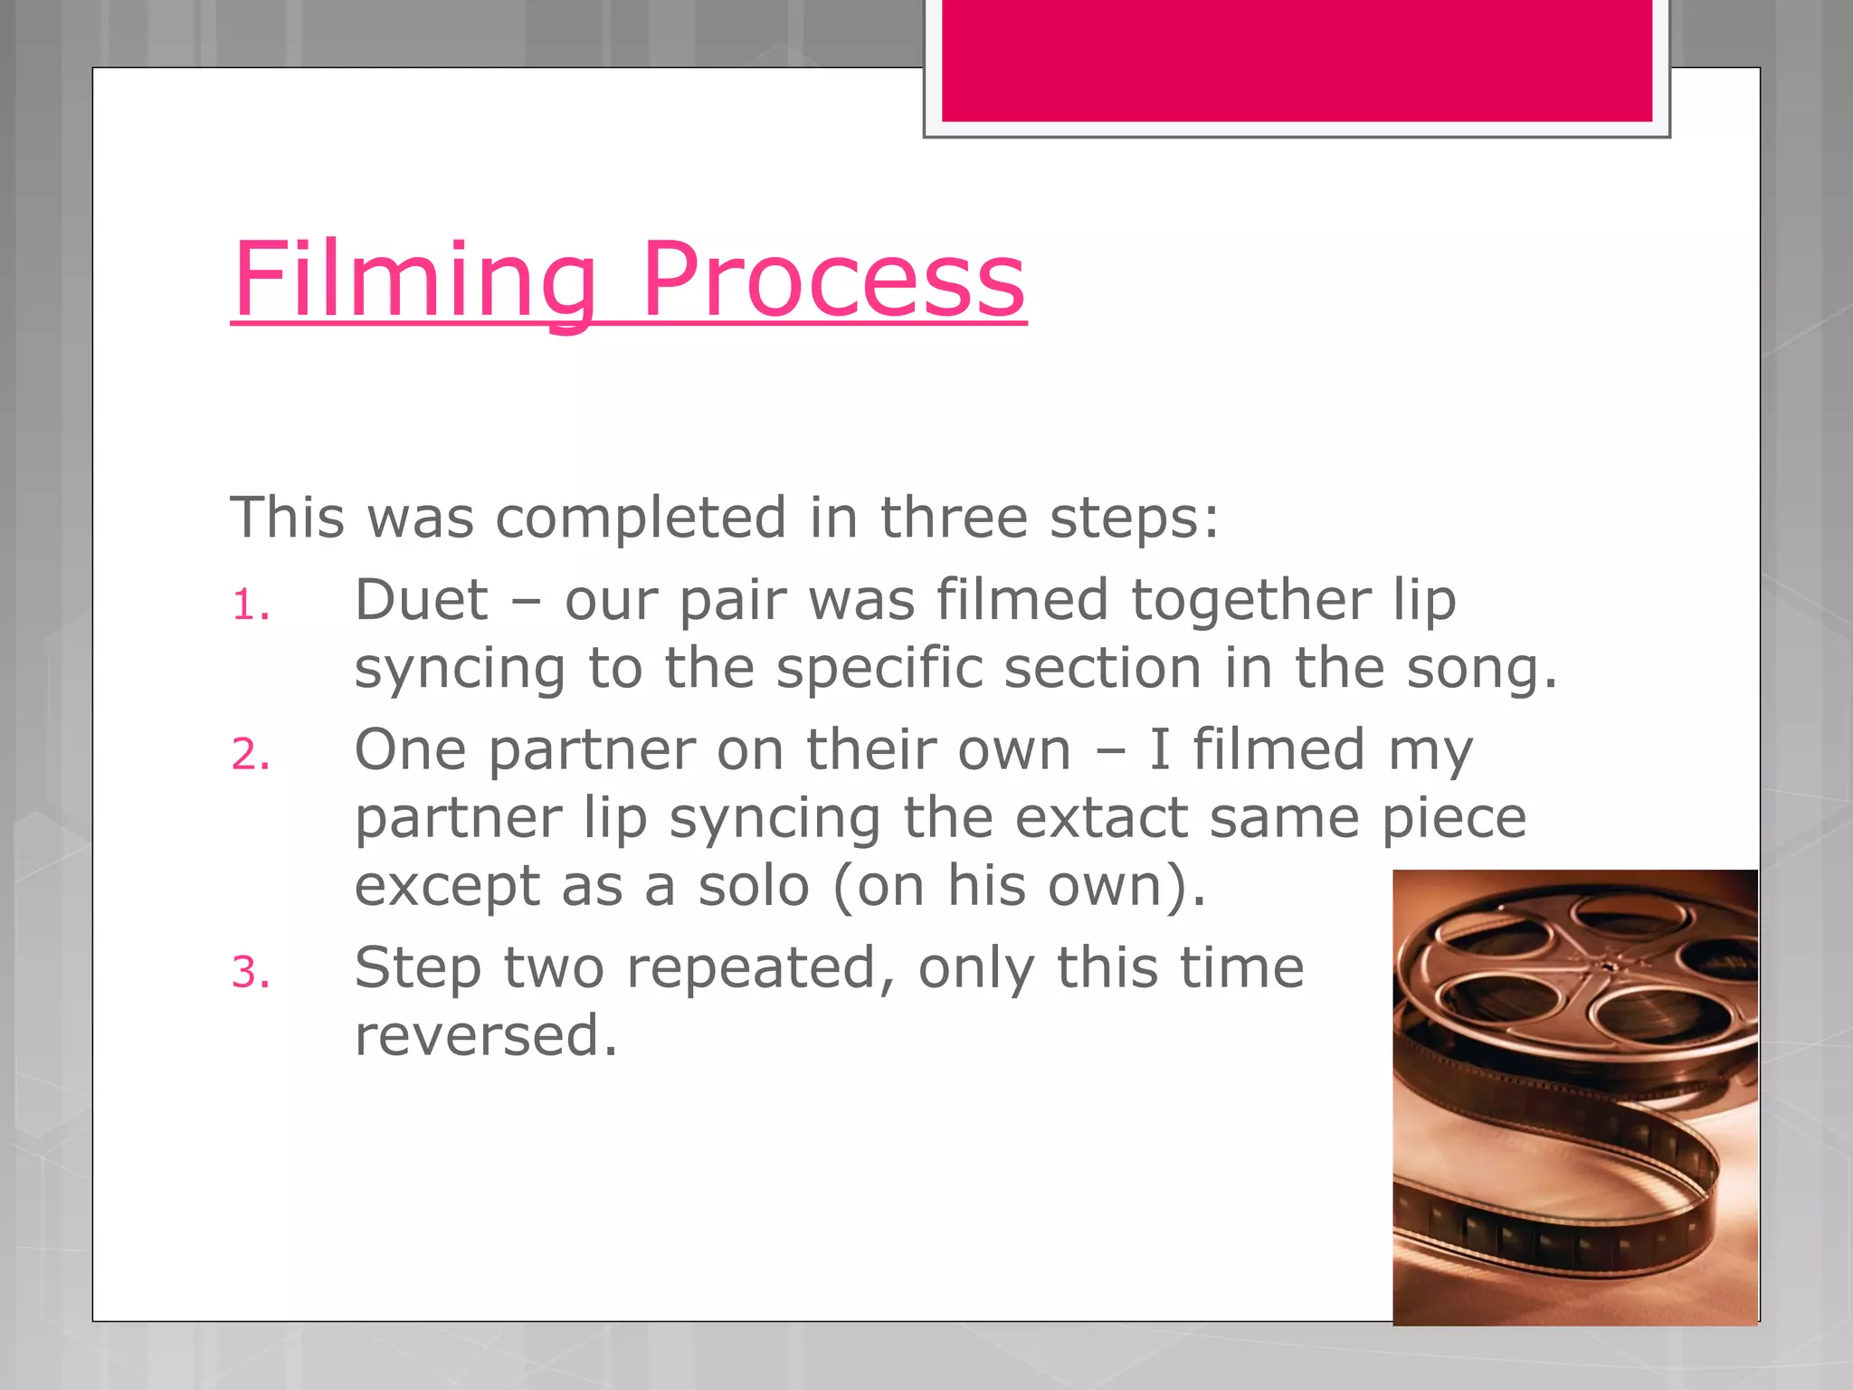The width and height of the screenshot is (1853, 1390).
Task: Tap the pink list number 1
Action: tap(250, 606)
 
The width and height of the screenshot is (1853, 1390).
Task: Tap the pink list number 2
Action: tap(250, 755)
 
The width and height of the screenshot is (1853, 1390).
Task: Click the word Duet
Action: tap(422, 600)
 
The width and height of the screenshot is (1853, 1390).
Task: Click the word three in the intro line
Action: tap(955, 518)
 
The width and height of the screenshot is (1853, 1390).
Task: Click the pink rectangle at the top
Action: tap(1297, 60)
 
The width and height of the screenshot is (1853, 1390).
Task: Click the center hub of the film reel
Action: tap(1605, 965)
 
